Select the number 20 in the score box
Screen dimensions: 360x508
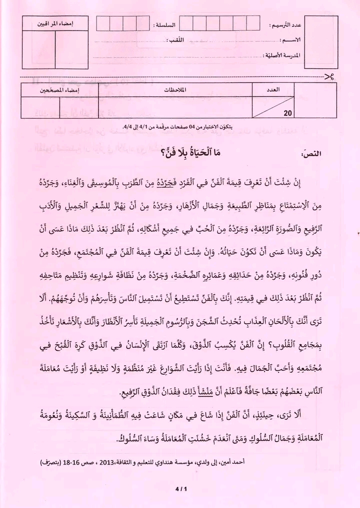[x=287, y=113]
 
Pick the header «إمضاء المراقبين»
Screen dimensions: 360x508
[x=56, y=24]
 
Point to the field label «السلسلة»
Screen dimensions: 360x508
[x=166, y=25]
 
